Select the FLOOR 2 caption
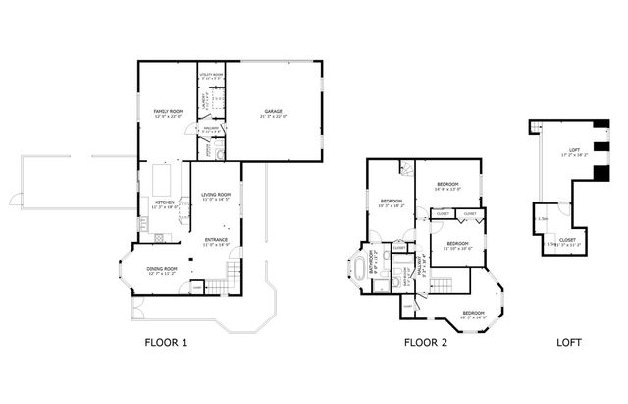tap(427, 343)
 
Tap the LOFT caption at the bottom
tap(569, 343)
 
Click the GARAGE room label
tap(273, 113)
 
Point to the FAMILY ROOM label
tap(169, 114)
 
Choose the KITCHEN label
tap(165, 203)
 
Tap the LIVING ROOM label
tap(216, 195)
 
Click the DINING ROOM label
tap(162, 268)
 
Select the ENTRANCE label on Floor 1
tap(216, 239)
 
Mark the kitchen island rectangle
tap(162, 180)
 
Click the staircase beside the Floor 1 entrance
tap(233, 269)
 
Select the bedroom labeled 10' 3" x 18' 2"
tap(392, 202)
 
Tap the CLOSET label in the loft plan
tap(567, 239)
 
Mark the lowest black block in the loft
tap(597, 175)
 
